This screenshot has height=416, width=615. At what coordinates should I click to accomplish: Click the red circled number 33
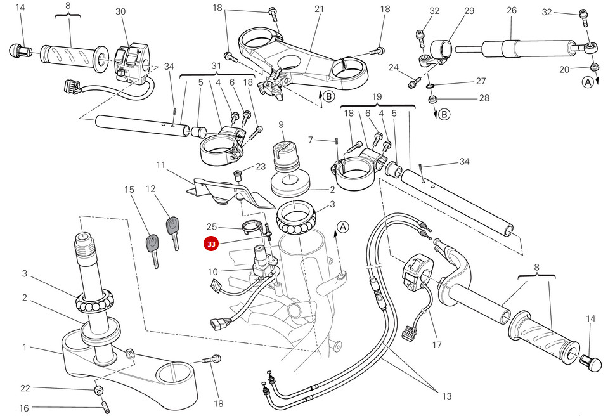click(210, 243)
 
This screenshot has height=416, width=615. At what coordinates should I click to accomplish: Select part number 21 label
click(319, 9)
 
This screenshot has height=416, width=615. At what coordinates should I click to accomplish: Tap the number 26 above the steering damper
click(512, 10)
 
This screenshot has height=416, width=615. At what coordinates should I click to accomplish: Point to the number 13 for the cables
click(447, 396)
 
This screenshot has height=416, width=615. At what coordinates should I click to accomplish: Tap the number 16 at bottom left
click(23, 408)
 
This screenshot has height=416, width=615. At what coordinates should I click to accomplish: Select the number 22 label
click(25, 388)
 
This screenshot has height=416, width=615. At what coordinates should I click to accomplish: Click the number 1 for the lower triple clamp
click(25, 347)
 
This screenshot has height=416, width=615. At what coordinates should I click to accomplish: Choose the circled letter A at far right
click(588, 82)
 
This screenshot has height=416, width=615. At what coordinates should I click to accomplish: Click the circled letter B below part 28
click(444, 114)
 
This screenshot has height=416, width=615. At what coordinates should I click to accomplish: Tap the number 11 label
click(160, 165)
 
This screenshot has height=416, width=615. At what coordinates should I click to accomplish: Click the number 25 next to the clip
click(212, 226)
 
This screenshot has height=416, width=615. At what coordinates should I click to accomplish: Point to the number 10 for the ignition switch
click(213, 272)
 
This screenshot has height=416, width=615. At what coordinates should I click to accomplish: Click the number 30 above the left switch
click(120, 11)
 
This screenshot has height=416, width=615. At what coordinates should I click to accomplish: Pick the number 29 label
click(469, 11)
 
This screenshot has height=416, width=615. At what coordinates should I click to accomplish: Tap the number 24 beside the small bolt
click(393, 68)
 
